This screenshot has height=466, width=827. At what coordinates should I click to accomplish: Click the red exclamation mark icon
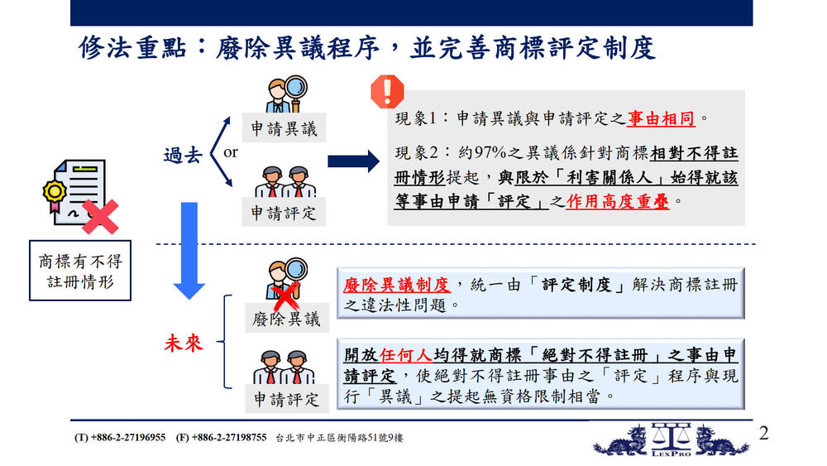[387, 91]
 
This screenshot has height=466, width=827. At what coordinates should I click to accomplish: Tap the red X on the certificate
[100, 217]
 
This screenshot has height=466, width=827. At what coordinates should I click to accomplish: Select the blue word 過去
[183, 155]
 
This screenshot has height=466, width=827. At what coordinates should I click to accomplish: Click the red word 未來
[184, 343]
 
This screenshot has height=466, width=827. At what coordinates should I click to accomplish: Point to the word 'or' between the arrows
[231, 152]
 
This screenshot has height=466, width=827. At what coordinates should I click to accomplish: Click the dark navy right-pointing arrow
[353, 161]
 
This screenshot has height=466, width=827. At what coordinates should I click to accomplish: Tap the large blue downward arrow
[189, 251]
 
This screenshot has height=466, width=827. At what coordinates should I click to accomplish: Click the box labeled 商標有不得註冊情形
[80, 271]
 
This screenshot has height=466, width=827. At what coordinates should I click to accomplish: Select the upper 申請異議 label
[284, 128]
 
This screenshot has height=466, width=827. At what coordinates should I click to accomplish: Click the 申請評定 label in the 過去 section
[284, 212]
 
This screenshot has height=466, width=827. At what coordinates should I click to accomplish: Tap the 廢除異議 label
[286, 319]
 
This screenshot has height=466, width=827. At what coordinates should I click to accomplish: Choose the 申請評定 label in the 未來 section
[286, 398]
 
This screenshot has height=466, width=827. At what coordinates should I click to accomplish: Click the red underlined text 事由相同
[660, 118]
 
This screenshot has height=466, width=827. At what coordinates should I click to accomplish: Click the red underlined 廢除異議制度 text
[397, 285]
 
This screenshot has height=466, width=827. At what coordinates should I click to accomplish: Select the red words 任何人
[405, 355]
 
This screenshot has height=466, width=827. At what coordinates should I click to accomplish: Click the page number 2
[763, 434]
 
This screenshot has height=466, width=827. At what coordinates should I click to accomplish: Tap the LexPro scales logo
[671, 439]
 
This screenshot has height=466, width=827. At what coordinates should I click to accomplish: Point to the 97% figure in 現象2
[490, 152]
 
